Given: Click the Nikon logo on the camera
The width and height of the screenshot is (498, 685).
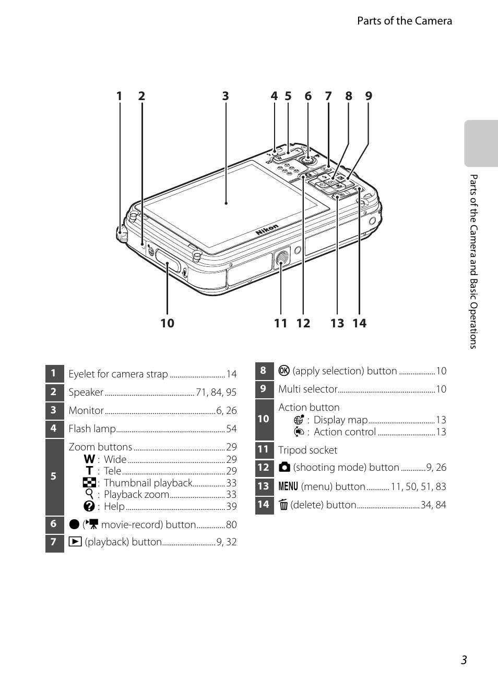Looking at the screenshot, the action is [267, 229].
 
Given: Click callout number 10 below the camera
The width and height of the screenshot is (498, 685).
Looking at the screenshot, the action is [167, 323].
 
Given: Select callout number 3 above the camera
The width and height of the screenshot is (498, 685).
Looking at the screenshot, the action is [225, 96].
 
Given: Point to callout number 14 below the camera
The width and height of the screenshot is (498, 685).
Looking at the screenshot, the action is [359, 323].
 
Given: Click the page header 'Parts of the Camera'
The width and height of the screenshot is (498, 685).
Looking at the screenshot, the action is [404, 21].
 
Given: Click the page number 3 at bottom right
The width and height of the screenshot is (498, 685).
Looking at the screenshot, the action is [464, 660].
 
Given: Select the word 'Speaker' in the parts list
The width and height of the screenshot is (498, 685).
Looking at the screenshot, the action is [86, 392].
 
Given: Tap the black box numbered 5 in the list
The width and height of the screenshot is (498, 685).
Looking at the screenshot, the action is [54, 476].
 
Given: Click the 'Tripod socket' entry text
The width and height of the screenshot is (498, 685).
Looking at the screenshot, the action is [307, 450].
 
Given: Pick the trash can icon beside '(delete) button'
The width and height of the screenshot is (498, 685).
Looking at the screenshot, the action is [283, 505].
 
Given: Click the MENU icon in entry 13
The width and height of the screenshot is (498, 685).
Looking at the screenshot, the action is [288, 486].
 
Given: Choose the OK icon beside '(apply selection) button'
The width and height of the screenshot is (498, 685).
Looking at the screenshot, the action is [284, 371].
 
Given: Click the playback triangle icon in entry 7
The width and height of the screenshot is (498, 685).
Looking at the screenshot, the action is [75, 542].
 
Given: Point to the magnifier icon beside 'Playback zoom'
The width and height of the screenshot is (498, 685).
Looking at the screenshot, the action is [89, 494].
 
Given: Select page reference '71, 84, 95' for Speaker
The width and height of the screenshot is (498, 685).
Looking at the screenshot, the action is [216, 392].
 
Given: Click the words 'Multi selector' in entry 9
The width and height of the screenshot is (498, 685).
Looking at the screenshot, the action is [307, 389].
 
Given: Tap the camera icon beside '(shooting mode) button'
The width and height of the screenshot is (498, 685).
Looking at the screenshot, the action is [284, 468].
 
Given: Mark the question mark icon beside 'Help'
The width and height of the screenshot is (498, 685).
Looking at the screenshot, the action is [89, 506].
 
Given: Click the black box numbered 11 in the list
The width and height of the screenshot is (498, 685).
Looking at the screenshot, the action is [264, 449].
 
